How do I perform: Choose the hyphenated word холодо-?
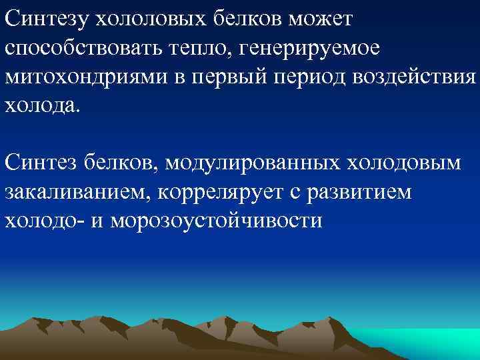click(46, 220)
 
